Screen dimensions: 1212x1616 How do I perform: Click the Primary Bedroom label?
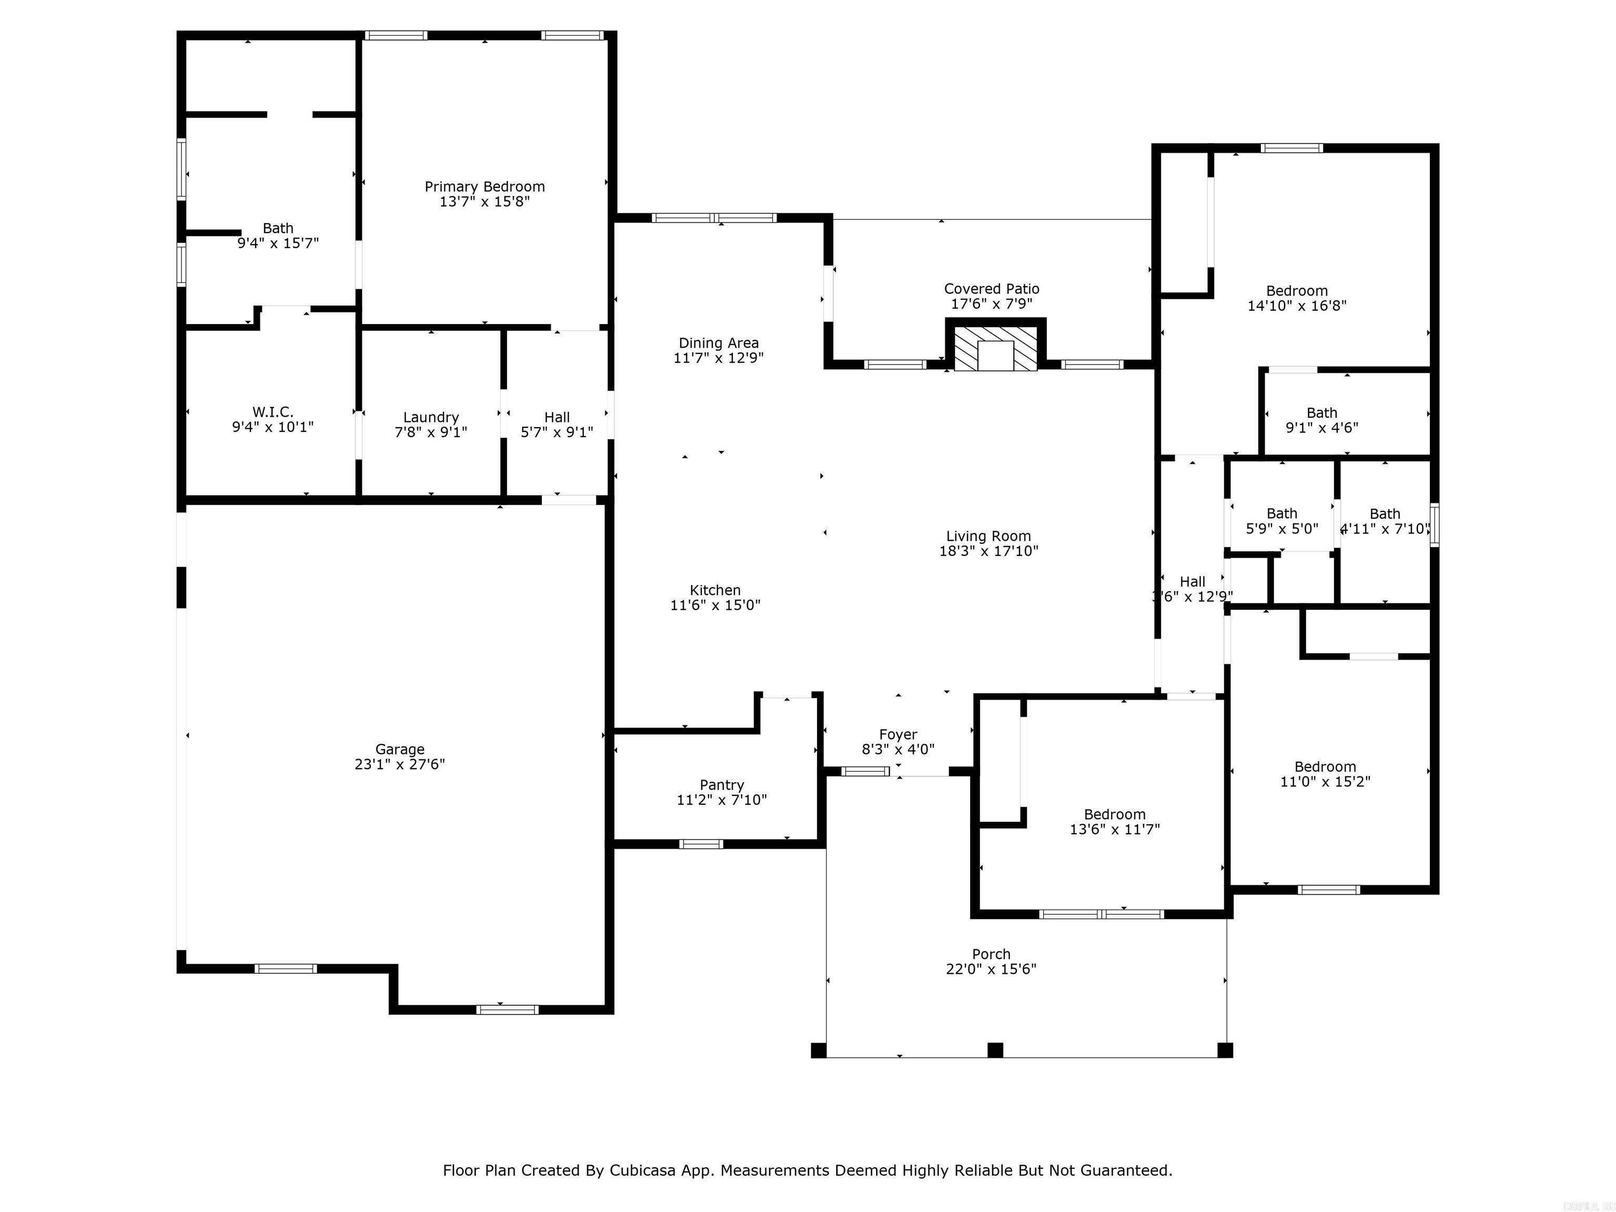[484, 187]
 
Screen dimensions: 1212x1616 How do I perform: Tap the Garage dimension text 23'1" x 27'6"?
[400, 764]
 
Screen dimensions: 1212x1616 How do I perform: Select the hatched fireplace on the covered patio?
[995, 348]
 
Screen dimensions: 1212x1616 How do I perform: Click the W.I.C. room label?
[272, 412]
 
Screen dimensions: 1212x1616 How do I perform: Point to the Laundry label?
[431, 417]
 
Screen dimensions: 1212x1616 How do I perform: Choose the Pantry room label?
[722, 785]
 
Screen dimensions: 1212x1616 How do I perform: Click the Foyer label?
[898, 734]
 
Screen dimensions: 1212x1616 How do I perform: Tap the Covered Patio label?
[992, 289]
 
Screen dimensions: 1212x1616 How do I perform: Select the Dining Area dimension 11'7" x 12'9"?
[718, 358]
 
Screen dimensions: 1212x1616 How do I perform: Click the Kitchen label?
[715, 590]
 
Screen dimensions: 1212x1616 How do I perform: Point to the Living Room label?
[988, 536]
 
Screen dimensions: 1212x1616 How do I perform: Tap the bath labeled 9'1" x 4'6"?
[1321, 420]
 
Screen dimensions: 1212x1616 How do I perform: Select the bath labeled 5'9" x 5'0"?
[1281, 521]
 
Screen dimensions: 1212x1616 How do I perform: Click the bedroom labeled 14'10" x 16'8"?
[1297, 298]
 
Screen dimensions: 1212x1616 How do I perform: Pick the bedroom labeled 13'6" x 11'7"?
[1114, 821]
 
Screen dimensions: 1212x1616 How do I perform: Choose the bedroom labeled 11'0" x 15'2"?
[1325, 774]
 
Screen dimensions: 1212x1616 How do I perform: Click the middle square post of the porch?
[995, 1050]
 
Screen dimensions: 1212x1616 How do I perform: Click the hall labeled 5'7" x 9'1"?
[557, 425]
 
